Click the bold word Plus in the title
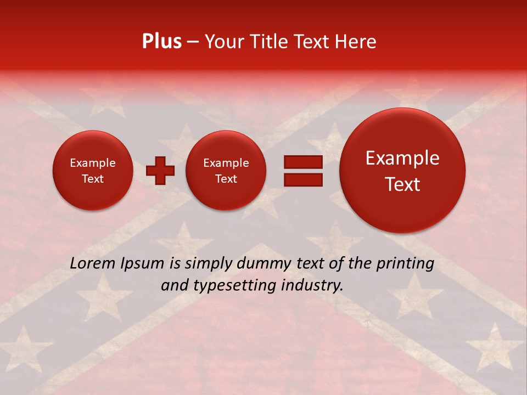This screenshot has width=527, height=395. click(161, 42)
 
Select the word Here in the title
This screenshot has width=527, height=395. click(356, 42)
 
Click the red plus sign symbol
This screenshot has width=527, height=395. click(160, 171)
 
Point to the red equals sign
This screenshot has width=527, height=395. click(303, 171)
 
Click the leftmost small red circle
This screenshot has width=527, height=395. click(93, 171)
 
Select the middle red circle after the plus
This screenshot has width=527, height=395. click(226, 171)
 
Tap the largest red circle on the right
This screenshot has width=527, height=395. click(402, 171)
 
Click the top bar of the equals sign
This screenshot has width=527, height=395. click(303, 162)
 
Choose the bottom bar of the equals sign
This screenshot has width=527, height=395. click(303, 179)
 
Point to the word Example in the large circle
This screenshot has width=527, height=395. click(402, 158)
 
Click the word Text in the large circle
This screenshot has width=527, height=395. click(402, 184)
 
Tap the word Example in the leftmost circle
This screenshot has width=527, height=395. click(93, 163)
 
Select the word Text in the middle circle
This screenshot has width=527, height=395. click(226, 179)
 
